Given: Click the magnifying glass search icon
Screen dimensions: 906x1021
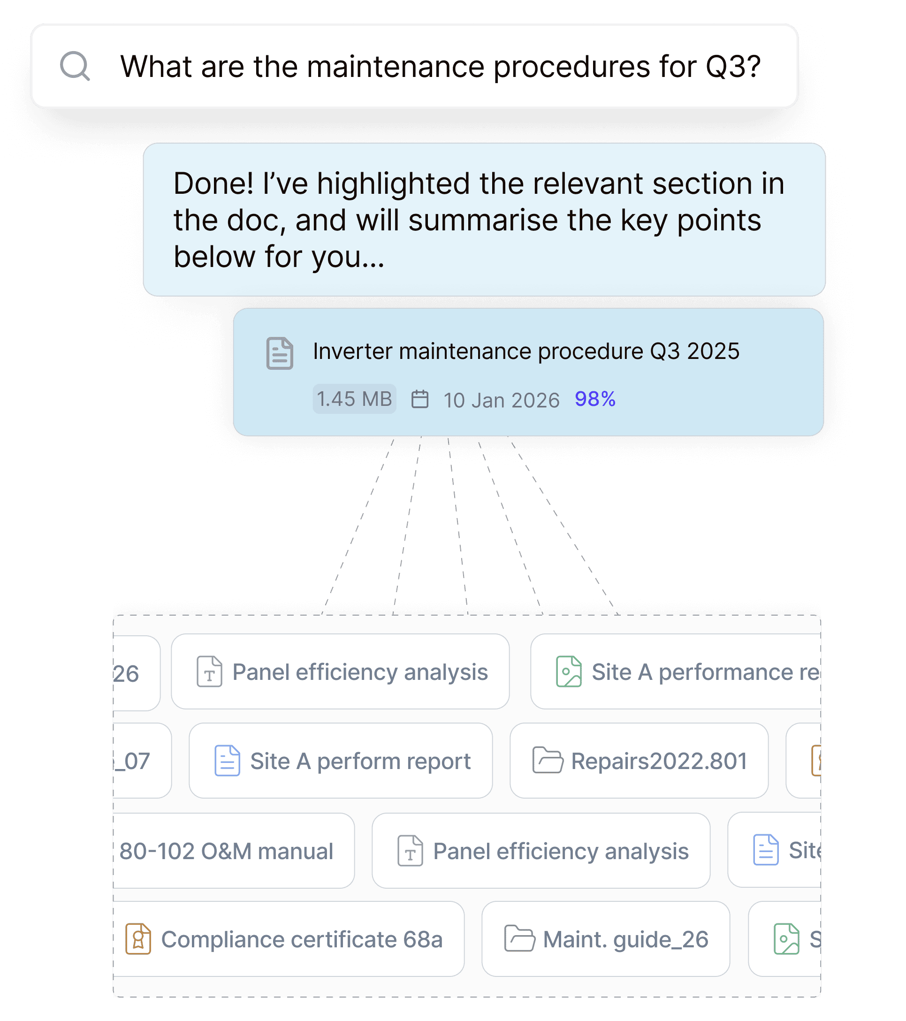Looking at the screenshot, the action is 75,66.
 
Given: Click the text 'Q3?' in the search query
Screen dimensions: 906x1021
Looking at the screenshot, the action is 733,67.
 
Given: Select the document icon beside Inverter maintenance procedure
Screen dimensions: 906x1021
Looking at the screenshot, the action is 280,353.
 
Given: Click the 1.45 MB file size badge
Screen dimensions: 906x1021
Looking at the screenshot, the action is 354,399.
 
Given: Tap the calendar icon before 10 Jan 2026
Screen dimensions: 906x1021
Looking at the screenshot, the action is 419,400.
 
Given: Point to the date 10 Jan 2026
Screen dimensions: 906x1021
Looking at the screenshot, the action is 502,400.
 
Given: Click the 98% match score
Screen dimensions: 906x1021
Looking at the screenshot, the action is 595,399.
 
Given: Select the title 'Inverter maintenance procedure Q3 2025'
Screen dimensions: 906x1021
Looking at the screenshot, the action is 526,351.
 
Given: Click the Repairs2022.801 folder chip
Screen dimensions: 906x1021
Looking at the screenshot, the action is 639,761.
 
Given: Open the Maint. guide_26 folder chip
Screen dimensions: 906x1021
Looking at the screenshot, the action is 605,939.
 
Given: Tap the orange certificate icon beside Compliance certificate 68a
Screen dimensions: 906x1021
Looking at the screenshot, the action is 138,939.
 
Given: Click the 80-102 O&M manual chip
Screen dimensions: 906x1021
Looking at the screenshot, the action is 227,851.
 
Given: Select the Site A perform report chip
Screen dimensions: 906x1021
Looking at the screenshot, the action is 341,761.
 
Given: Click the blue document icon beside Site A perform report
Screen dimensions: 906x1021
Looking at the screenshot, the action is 227,761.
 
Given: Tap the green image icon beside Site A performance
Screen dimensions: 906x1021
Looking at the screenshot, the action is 569,672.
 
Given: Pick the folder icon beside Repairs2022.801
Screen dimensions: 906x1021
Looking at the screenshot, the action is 548,760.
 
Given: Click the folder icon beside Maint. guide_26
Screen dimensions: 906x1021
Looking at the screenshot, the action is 519,938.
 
